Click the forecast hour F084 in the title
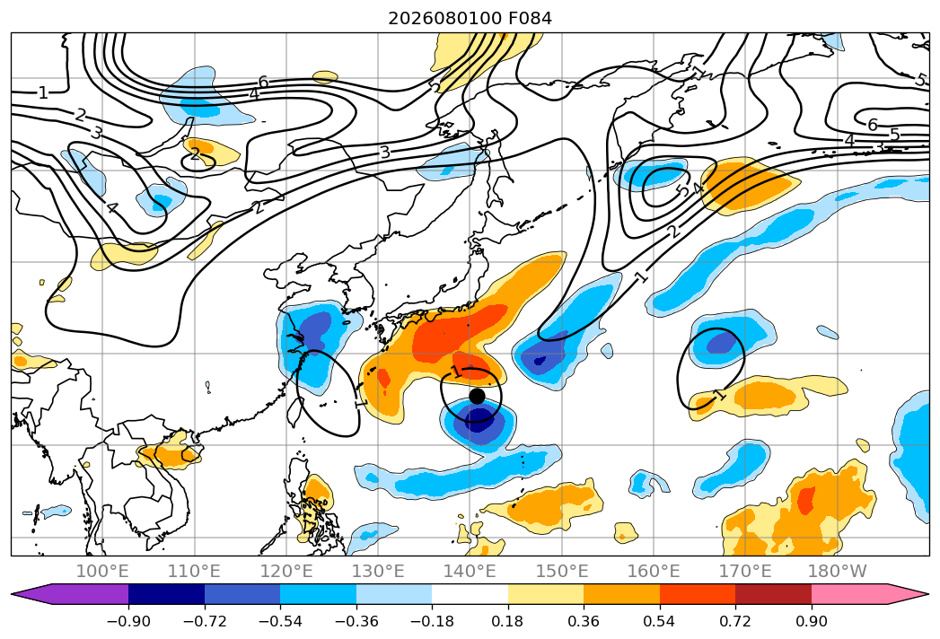pos(530,18)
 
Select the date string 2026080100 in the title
pos(444,18)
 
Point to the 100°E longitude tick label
pos(102,571)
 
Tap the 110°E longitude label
pos(194,571)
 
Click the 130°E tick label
pos(378,571)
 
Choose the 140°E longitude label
pos(470,571)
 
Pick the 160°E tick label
pos(654,571)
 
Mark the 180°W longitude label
pos(837,571)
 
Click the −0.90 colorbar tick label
pos(128,621)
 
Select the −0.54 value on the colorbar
pos(280,621)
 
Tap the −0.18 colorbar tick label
pos(432,621)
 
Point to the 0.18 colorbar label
pos(508,621)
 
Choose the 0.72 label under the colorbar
pos(735,621)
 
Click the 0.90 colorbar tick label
pos(811,621)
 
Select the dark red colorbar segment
pos(773,594)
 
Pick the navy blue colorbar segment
pos(166,594)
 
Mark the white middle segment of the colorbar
pos(470,594)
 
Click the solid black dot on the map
pos(477,396)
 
